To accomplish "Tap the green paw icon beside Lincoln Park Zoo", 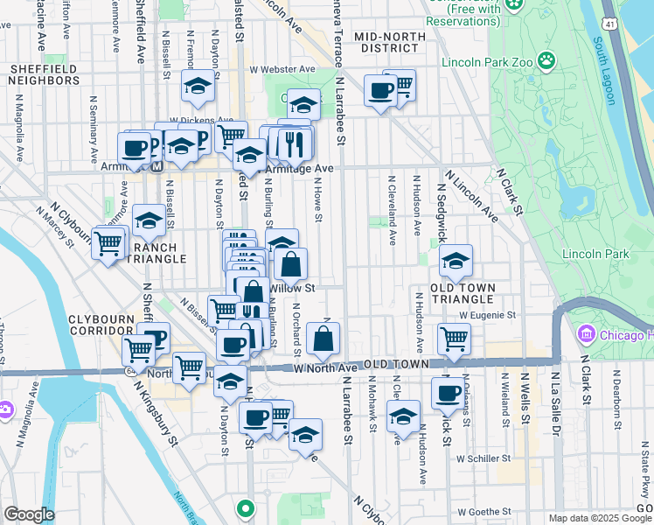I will [x=546, y=60].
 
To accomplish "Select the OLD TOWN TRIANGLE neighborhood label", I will [x=463, y=293].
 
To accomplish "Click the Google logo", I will [x=29, y=514].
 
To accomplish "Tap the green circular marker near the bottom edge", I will [x=246, y=507].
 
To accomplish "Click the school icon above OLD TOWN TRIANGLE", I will [x=456, y=260].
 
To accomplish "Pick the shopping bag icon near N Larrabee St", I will [x=323, y=339].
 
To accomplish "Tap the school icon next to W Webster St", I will [x=198, y=86].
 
